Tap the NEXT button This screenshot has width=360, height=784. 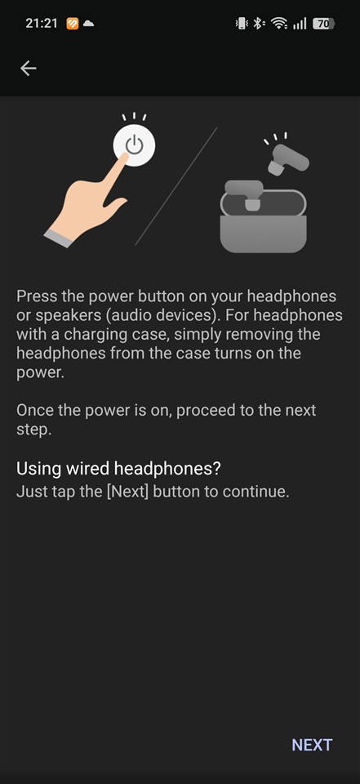[312, 745]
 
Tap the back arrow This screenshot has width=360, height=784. [28, 68]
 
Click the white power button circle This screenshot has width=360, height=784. [134, 145]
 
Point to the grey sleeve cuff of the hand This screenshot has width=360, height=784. [59, 238]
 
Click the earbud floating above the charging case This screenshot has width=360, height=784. [287, 159]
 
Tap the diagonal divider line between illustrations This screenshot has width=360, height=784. [176, 186]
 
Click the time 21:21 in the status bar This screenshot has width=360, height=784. [42, 23]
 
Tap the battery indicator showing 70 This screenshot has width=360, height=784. [323, 24]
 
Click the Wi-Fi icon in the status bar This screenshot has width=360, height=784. [278, 24]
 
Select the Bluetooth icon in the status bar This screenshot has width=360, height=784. [258, 24]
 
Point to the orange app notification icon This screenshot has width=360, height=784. [73, 24]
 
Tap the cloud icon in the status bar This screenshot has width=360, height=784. [88, 24]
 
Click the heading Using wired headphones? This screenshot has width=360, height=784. [119, 469]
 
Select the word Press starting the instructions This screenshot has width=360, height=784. [37, 296]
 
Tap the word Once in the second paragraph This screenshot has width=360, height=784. [34, 410]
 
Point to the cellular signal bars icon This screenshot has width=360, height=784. [300, 24]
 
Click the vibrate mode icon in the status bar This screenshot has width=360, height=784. [242, 24]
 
